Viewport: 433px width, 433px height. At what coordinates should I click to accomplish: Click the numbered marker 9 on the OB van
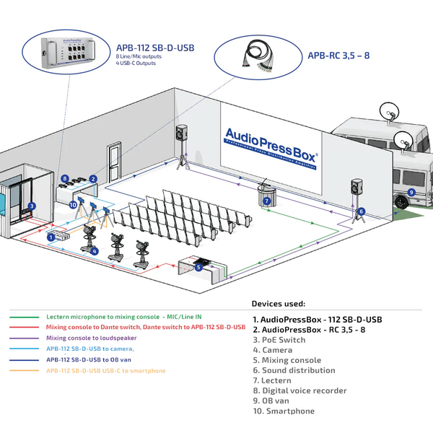pos(411,193)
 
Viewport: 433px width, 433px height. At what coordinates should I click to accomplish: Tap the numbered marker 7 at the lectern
pos(266,202)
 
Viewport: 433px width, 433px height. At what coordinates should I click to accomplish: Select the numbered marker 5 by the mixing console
pos(198,268)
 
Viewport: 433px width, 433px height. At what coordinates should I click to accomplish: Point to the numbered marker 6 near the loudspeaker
pos(361,211)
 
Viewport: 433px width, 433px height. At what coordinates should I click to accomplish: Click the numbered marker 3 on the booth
pos(32,206)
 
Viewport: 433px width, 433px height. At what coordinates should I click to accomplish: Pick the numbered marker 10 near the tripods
pos(73,204)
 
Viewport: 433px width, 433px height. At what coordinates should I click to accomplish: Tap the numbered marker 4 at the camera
pos(94,250)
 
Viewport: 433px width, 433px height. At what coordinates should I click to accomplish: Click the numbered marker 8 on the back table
pos(65,178)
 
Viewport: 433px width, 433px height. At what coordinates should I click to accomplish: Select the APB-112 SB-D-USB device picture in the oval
pos(69,54)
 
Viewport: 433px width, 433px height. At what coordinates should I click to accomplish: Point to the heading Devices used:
pos(279,304)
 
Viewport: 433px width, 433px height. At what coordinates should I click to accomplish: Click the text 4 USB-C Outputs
pos(136,63)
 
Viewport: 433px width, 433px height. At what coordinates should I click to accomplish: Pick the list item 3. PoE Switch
pos(279,339)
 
